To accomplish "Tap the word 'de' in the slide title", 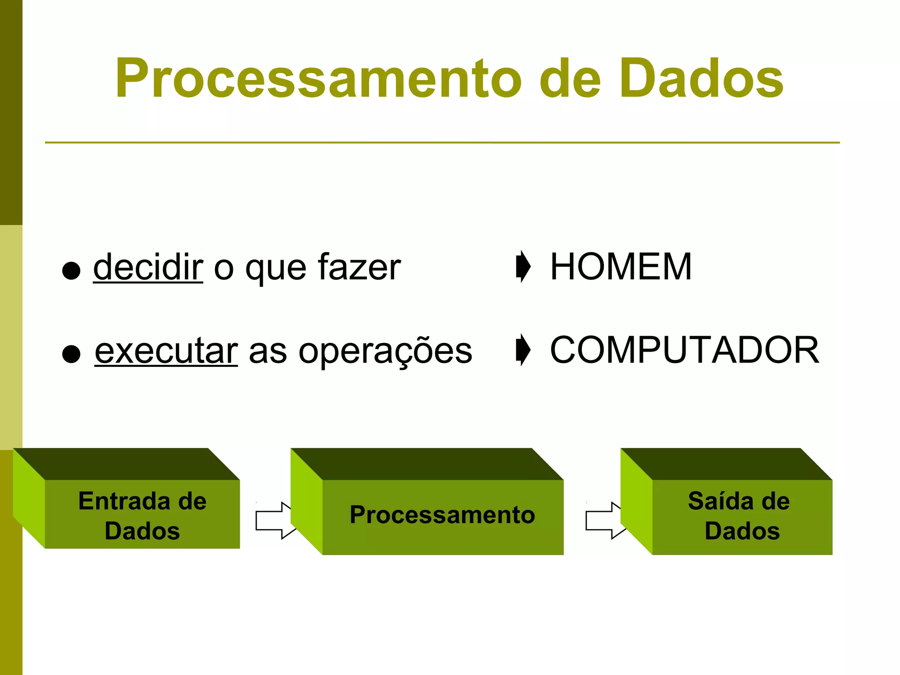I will [570, 79].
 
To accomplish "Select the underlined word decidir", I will [148, 267].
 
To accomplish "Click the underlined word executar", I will [166, 351].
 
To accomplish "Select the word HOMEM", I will [621, 267].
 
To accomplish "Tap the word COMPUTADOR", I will [684, 350].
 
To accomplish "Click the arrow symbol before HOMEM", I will [523, 266].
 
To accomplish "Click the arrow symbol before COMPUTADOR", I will [523, 350].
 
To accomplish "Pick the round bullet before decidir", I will [71, 271].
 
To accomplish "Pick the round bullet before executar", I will [71, 354].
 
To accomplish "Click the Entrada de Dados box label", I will [142, 515].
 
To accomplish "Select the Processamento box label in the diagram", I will [442, 515].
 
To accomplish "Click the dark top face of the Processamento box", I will [426, 464].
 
